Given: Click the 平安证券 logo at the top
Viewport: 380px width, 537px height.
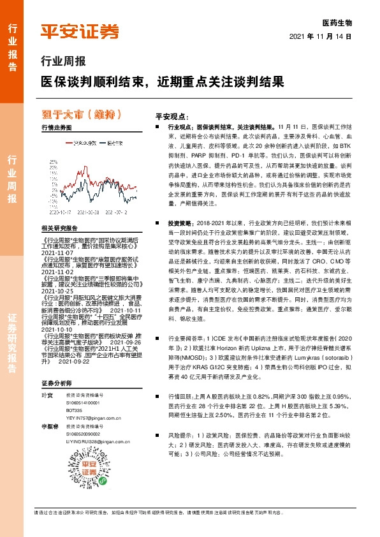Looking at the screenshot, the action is [79, 33].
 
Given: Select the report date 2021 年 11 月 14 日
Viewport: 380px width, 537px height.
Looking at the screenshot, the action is [321, 37].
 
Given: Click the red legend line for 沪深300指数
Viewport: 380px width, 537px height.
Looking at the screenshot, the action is [69, 143].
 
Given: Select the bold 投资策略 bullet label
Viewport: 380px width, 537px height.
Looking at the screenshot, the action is [180, 224].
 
